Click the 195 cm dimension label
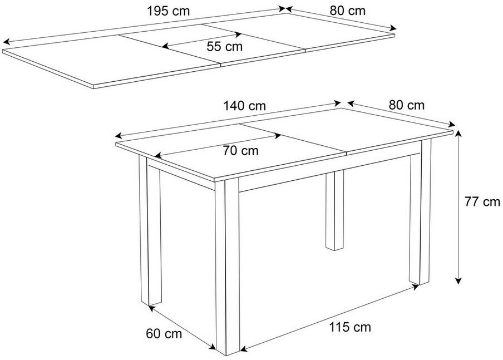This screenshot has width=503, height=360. (168, 11)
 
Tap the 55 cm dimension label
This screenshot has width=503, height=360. (225, 47)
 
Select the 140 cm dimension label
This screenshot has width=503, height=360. (245, 106)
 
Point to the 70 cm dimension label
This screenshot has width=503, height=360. (240, 150)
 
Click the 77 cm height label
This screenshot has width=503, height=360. (482, 202)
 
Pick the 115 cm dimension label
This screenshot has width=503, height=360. (350, 327)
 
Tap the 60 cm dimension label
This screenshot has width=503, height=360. (164, 334)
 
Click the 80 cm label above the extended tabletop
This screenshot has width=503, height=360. (347, 11)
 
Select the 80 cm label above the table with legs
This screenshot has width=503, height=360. (406, 105)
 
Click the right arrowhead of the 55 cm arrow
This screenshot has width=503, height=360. (238, 34)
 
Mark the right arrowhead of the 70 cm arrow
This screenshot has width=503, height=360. (278, 136)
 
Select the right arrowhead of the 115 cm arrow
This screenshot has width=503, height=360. (416, 287)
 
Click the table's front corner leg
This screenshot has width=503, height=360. (228, 267)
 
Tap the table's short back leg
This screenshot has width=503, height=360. (334, 210)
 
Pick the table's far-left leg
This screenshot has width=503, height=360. (150, 230)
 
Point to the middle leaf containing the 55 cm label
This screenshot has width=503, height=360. (213, 45)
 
